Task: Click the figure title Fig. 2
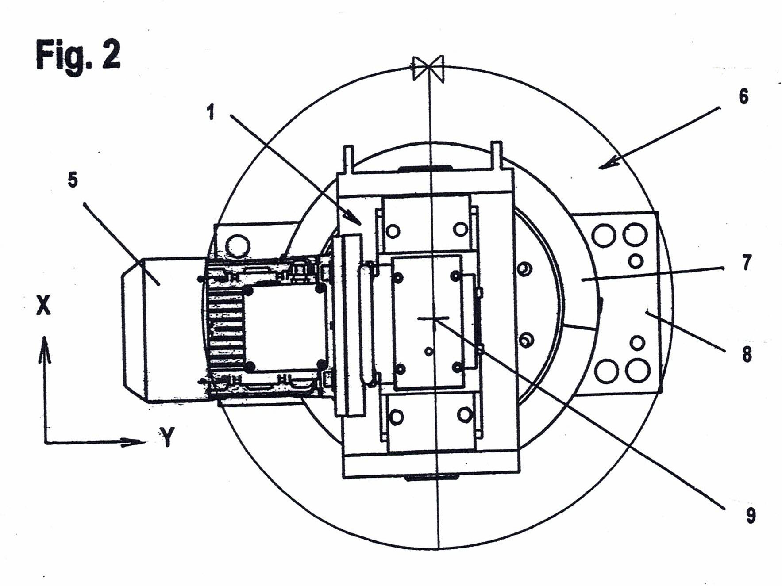(x=78, y=55)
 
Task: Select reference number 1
(x=211, y=113)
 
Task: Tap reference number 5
(x=73, y=181)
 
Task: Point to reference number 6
(x=743, y=96)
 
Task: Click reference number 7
(x=747, y=263)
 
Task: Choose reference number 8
(x=747, y=354)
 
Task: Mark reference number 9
(x=751, y=515)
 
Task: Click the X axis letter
(x=43, y=305)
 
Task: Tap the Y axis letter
(x=167, y=437)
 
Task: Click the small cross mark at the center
(x=434, y=318)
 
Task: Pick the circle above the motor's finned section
(x=238, y=244)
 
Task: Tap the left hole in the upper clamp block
(x=393, y=230)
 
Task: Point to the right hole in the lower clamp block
(x=465, y=414)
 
